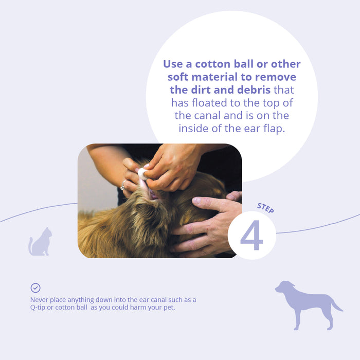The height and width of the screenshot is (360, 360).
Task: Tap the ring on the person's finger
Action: pos(123,185)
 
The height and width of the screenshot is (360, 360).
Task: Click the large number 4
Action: pos(251,236)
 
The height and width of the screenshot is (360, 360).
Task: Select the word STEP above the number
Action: pos(265,208)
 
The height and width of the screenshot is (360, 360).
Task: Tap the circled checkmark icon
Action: pos(35,288)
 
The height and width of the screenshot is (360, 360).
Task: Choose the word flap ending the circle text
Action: pos(273,129)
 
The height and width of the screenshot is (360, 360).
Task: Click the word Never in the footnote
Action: pos(40,300)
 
